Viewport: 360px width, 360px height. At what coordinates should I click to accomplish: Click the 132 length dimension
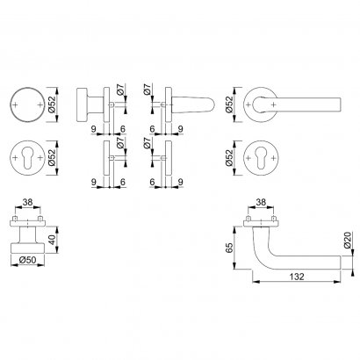coord(297,277)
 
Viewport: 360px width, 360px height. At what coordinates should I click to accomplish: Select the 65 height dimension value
coord(230,248)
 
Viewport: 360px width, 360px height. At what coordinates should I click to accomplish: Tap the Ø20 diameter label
coord(347,241)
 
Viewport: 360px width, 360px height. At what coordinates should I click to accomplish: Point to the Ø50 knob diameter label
coord(27,260)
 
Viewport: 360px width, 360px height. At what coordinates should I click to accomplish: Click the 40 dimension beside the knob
coord(51,240)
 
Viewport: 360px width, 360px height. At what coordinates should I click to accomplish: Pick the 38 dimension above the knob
coord(27,202)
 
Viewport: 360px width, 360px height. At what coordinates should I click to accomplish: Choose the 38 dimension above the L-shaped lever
coord(261,202)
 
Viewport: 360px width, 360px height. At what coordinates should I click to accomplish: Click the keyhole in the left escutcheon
coord(27,158)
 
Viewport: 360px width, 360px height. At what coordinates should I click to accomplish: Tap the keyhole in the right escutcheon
coord(261,158)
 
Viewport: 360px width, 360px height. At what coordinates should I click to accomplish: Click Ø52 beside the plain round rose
coord(52,104)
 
